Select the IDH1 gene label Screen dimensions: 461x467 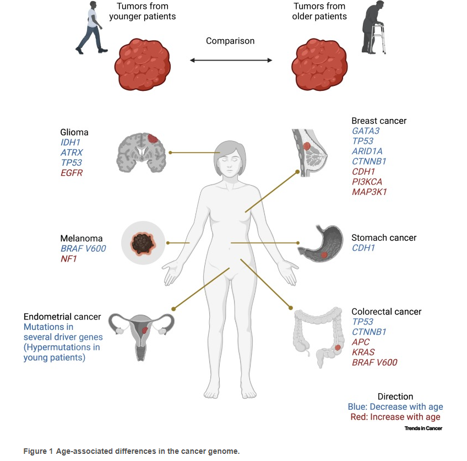(x=70, y=143)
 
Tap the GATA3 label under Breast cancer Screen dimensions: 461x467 (x=366, y=131)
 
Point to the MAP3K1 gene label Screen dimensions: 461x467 (x=370, y=192)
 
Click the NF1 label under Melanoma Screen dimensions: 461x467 (x=68, y=259)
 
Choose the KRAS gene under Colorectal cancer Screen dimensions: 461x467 (x=363, y=352)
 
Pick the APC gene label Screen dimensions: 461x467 (x=361, y=342)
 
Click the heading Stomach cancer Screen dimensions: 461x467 (x=384, y=238)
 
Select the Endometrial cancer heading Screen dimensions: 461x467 (x=62, y=317)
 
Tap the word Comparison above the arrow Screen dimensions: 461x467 (x=230, y=41)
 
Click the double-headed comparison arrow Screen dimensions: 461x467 (x=230, y=59)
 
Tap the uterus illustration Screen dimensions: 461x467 (x=141, y=333)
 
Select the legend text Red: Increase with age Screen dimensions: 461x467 (x=395, y=417)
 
